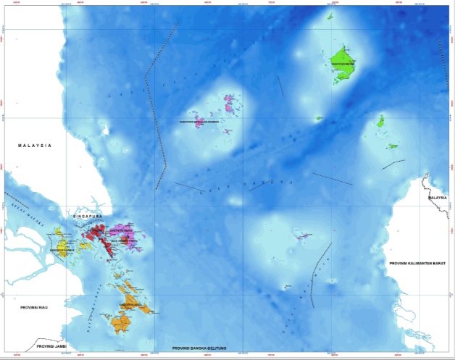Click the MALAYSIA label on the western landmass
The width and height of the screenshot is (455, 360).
35,146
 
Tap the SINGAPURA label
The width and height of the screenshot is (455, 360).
88,216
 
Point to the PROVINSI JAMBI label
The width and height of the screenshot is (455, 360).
55,346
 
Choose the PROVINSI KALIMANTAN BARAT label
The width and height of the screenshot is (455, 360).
415,262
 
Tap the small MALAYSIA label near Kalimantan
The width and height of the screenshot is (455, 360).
437,197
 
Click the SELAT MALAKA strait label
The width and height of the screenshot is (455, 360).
24,207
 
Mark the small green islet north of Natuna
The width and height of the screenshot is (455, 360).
330,16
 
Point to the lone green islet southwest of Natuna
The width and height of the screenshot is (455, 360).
319,118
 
